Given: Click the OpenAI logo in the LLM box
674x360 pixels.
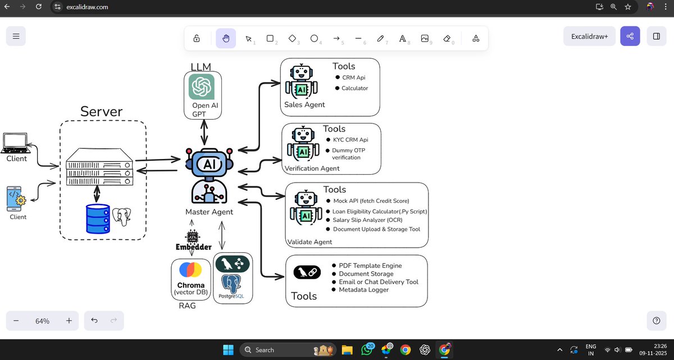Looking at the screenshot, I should (202, 87).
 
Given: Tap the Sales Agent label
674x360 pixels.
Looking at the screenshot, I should (304, 104).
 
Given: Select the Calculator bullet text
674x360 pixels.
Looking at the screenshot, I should (354, 88).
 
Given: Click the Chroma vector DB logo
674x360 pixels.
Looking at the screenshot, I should (190, 270).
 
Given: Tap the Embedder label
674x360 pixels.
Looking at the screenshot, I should (194, 247).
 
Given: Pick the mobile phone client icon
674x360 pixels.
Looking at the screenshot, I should (16, 199).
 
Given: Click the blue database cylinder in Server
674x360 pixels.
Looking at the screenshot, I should (98, 218).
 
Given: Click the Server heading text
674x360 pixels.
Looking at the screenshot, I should (101, 111).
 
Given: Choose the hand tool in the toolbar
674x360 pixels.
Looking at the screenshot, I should (226, 38).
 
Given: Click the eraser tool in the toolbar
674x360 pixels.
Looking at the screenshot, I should (447, 38).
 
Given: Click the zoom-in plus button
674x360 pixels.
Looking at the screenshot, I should (69, 321).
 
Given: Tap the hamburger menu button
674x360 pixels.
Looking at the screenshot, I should (16, 37).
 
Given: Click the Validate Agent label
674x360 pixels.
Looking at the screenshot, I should (309, 242).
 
